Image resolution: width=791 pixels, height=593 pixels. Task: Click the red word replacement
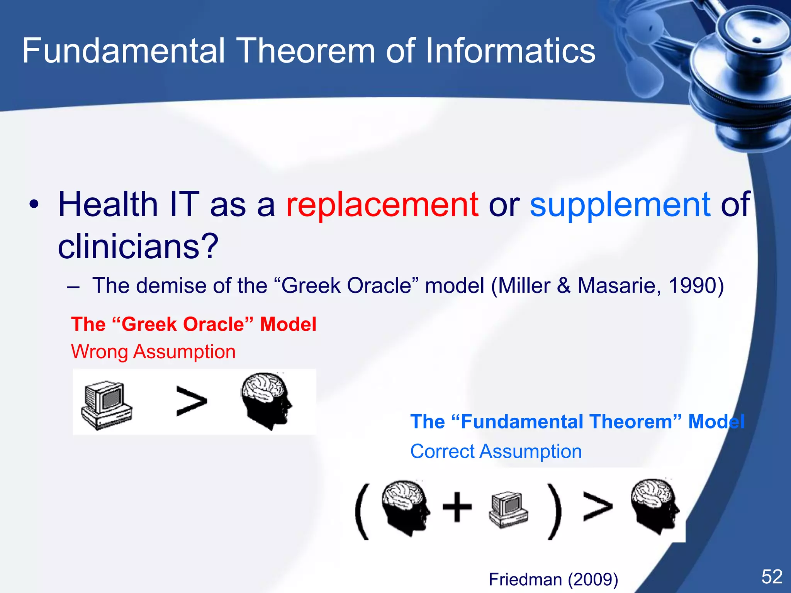tap(382, 205)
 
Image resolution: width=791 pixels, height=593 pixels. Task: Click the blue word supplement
tap(620, 205)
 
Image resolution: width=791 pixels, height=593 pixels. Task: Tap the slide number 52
tap(772, 577)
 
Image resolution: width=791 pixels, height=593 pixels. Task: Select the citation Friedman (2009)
tap(553, 579)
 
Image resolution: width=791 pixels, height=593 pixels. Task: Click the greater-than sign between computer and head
tap(191, 402)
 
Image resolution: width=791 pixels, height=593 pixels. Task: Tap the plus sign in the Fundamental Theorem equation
tap(457, 507)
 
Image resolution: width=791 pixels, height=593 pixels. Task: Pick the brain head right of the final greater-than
tap(655, 506)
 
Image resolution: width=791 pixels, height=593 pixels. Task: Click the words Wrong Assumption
tap(153, 352)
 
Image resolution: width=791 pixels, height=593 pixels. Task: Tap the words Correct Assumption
tap(496, 451)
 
